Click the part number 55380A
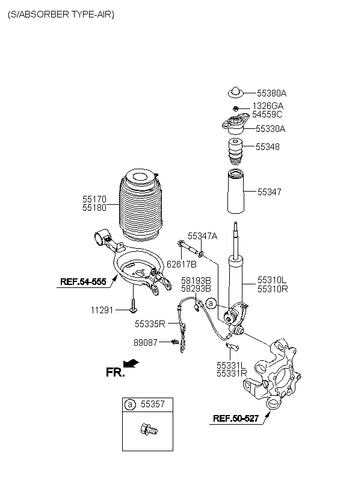coord(271,93)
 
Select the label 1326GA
coord(268,106)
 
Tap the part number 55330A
coord(270,128)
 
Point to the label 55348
coord(268,146)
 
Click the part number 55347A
coord(202,236)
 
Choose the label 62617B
coord(181,264)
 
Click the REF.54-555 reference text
coord(83,281)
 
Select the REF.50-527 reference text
coord(236,418)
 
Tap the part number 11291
coord(102,310)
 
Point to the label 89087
coord(146,342)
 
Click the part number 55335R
coord(150,324)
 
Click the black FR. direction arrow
coord(131,363)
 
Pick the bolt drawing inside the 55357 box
coord(149,430)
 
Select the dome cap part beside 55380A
coord(235,92)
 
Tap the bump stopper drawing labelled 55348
coord(235,152)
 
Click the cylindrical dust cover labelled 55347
coord(235,192)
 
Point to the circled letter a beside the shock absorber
coord(211,304)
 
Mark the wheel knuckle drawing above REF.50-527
coord(273,374)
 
